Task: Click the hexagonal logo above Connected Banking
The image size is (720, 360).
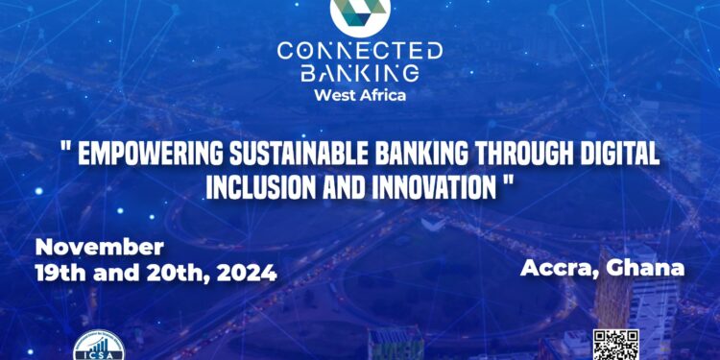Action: pos(360,12)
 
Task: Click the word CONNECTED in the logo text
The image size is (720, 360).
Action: pos(360,50)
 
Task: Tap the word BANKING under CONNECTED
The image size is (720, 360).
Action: pos(360,74)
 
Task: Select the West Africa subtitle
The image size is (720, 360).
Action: pos(360,96)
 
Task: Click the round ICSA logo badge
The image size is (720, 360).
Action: pos(100,348)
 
